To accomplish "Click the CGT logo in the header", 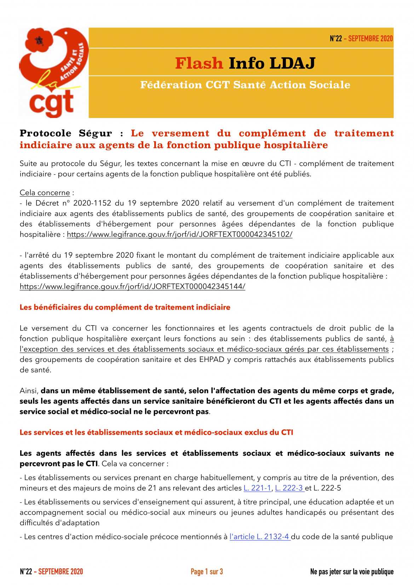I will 53,72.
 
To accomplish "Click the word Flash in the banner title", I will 199,63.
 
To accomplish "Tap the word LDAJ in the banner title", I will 292,63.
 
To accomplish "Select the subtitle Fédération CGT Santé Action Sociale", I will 245,85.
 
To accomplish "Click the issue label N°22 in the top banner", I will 336,39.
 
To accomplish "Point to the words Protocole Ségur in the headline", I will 66,133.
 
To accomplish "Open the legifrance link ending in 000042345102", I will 179,234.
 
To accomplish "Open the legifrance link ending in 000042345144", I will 132,287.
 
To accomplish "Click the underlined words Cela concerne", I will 45,193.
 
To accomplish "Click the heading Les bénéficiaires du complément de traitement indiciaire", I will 125,308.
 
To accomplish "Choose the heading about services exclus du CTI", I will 156,432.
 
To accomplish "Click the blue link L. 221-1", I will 257,488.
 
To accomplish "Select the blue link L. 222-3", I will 289,488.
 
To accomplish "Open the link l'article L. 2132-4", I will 260,537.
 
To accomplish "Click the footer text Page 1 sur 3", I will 207,572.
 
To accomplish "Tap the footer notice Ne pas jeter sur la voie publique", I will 351,572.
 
